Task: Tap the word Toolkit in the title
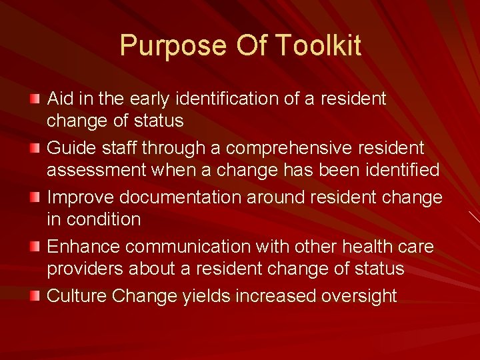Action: tap(317, 46)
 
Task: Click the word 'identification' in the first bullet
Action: tap(221, 99)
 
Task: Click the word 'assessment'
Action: tap(96, 171)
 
